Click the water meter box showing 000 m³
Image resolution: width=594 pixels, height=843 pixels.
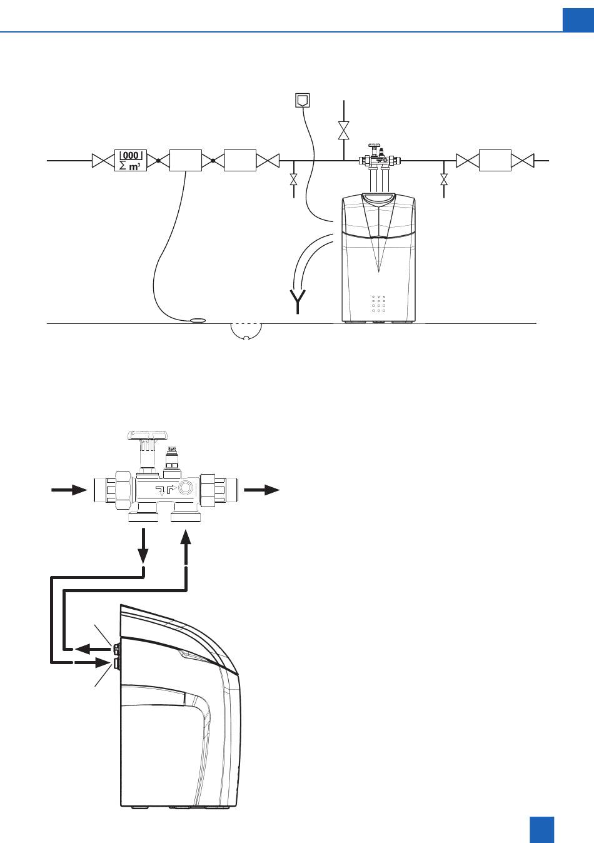(x=131, y=161)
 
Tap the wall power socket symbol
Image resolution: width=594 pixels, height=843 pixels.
(x=303, y=100)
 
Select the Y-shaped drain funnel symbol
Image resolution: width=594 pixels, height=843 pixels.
(x=298, y=302)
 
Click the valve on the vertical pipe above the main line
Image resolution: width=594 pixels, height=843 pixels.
(x=344, y=131)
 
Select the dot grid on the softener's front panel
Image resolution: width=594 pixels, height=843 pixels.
(x=378, y=304)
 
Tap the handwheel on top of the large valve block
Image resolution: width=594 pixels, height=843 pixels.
(x=148, y=435)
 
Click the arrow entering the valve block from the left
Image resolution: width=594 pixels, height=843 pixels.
(x=69, y=490)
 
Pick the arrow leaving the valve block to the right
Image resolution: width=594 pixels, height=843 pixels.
(x=262, y=490)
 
